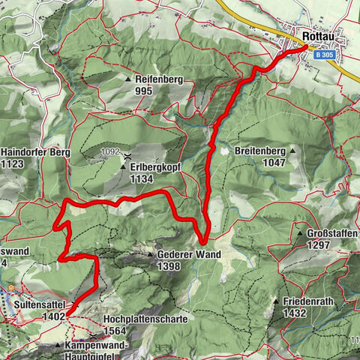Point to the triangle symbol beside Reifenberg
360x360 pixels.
[x=128, y=79]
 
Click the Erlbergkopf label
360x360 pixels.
[x=155, y=167]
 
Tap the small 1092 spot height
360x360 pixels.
[x=111, y=151]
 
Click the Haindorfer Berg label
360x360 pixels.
[x=35, y=152]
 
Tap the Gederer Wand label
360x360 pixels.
[x=189, y=255]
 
